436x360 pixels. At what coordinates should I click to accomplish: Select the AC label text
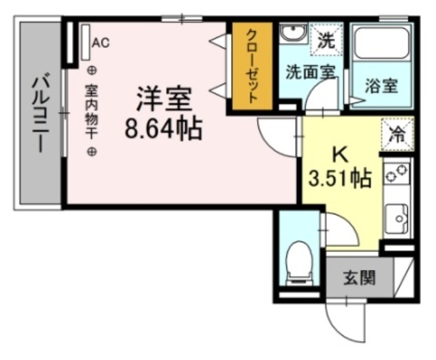(101, 43)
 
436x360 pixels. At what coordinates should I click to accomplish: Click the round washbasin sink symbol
(294, 36)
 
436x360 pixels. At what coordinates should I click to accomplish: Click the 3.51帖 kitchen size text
(340, 178)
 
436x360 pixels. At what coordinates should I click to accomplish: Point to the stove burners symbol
(397, 174)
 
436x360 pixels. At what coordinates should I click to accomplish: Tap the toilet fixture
(298, 262)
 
